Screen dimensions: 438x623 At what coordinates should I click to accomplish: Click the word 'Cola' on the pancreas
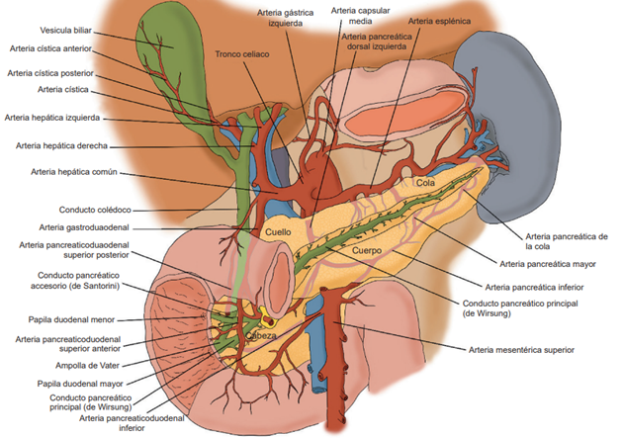426,183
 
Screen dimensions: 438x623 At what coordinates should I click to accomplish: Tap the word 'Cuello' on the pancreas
278,232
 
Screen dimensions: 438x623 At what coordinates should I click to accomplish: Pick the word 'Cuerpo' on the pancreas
367,251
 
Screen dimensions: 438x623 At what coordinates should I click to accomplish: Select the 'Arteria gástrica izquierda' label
285,19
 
